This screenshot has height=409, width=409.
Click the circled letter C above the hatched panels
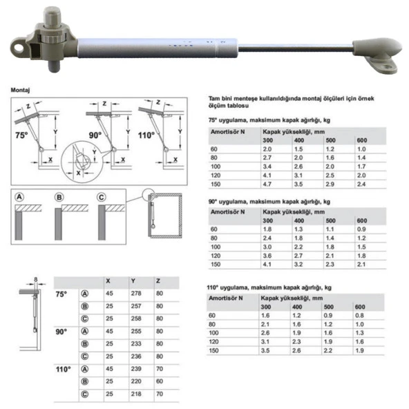[x=101, y=198]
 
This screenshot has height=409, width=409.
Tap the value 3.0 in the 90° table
[x=267, y=246]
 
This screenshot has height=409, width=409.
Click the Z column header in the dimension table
[x=160, y=281]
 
